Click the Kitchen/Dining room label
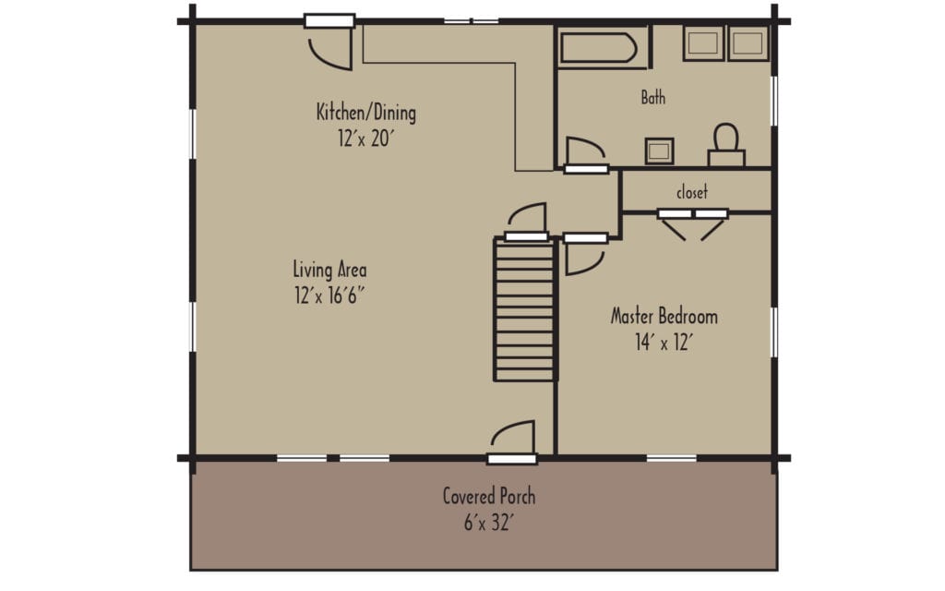[x=365, y=114]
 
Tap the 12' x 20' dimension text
[x=365, y=139]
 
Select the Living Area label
[x=329, y=271]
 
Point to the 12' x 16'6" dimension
[x=329, y=296]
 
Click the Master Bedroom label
[x=664, y=317]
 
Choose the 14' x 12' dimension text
[x=664, y=343]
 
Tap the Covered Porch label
[x=488, y=496]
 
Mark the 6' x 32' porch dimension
[x=488, y=522]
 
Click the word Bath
[x=652, y=97]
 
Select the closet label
[x=692, y=192]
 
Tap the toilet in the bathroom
[x=726, y=145]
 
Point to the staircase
[x=526, y=309]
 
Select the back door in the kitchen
[x=330, y=42]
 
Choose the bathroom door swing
[x=583, y=152]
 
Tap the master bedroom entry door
[x=583, y=254]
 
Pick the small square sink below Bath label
[x=659, y=151]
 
